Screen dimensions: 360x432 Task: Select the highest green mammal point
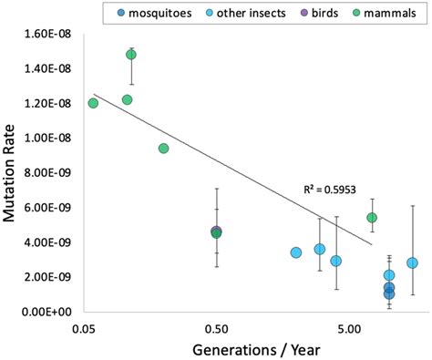(x=131, y=55)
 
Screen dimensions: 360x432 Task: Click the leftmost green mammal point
(x=93, y=103)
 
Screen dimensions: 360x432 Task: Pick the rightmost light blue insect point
(x=412, y=262)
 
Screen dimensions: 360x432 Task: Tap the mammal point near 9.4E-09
(x=163, y=149)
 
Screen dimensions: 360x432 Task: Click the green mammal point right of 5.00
(x=372, y=218)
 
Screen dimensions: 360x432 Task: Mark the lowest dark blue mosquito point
(x=389, y=293)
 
